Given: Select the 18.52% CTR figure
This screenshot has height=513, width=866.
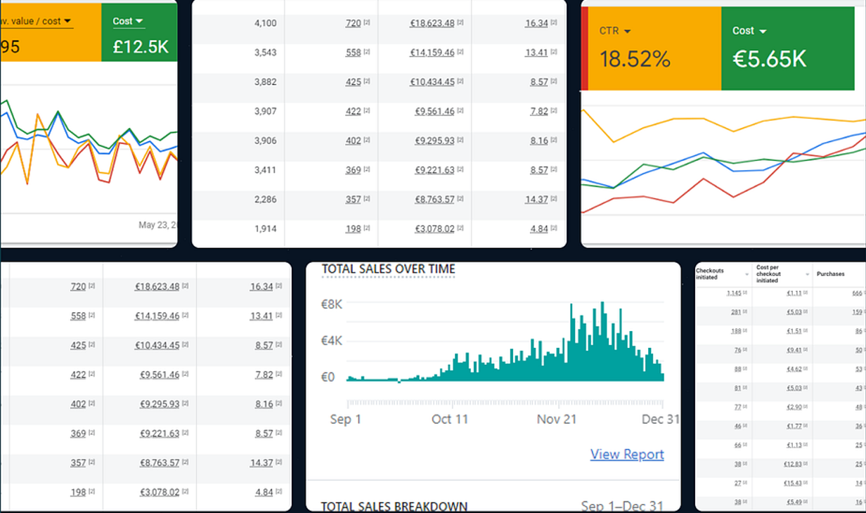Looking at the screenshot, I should pyautogui.click(x=635, y=59).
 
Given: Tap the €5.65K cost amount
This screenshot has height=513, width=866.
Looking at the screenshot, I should pyautogui.click(x=769, y=59).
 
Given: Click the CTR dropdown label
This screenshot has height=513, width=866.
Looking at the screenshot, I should pyautogui.click(x=614, y=31).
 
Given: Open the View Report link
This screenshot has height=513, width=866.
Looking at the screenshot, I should pyautogui.click(x=627, y=455).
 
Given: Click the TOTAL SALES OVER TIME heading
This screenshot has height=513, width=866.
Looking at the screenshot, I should pyautogui.click(x=388, y=269).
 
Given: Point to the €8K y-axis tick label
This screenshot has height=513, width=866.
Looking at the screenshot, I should pyautogui.click(x=332, y=304).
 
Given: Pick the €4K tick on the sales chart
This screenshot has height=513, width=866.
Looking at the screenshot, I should pyautogui.click(x=332, y=341).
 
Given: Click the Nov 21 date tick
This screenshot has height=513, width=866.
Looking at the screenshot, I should pyautogui.click(x=557, y=420).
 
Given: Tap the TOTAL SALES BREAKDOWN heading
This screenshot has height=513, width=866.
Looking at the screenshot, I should pyautogui.click(x=394, y=507).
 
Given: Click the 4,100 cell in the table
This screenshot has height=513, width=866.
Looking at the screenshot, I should pyautogui.click(x=265, y=23).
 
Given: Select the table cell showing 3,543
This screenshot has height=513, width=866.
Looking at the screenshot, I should pyautogui.click(x=265, y=53).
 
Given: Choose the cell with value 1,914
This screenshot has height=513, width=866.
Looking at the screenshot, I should pyautogui.click(x=265, y=229).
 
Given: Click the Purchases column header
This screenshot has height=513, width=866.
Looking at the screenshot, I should pyautogui.click(x=830, y=274).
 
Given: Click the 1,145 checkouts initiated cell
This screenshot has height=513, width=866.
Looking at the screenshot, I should pyautogui.click(x=734, y=293).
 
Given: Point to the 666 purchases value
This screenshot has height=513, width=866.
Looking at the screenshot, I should pyautogui.click(x=857, y=293).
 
